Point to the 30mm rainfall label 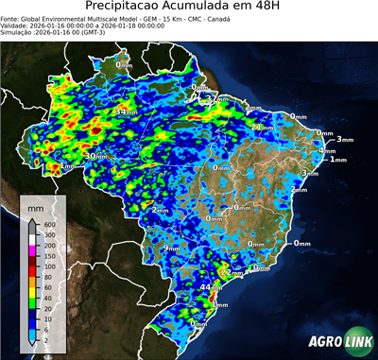pos(97,156)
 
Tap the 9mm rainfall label pos(172,248)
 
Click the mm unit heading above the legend pos(35,205)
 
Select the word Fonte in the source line pos(12,17)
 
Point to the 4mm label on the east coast pos(327,151)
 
